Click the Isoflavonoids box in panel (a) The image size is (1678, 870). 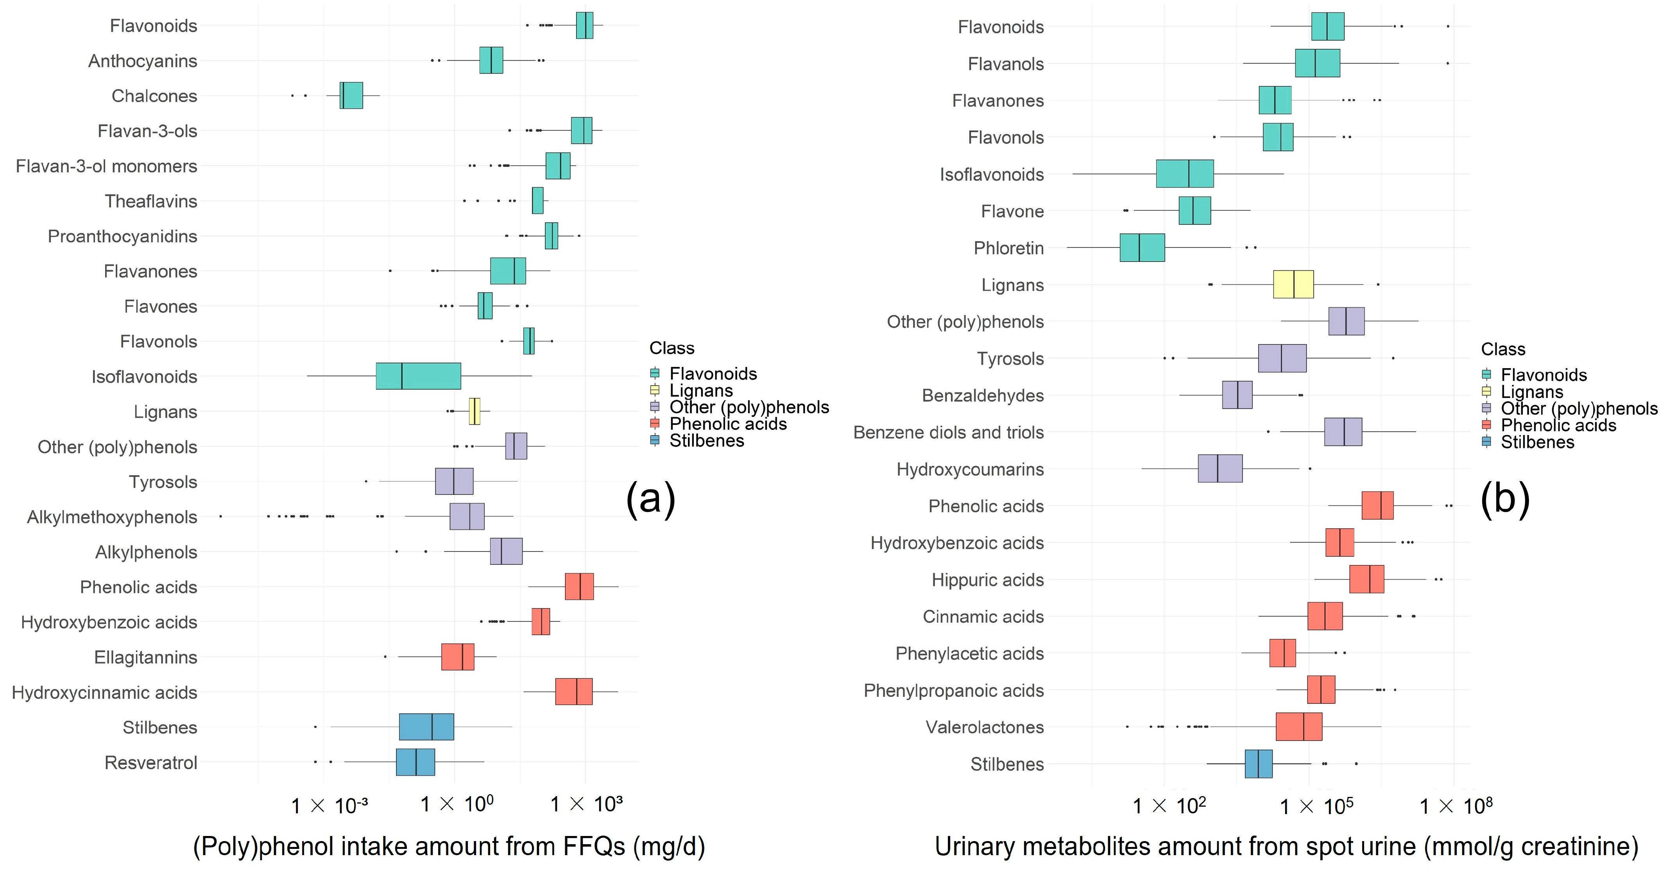click(x=418, y=376)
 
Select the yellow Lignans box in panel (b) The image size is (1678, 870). click(x=1293, y=285)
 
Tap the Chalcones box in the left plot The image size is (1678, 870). click(x=351, y=96)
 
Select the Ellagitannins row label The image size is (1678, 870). click(x=145, y=658)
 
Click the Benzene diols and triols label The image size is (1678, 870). click(x=948, y=432)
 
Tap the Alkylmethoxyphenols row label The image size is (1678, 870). click(x=112, y=517)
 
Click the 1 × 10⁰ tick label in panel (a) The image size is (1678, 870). click(x=457, y=805)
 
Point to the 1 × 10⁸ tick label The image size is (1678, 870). click(x=1456, y=807)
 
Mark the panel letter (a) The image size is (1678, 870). click(x=650, y=499)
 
